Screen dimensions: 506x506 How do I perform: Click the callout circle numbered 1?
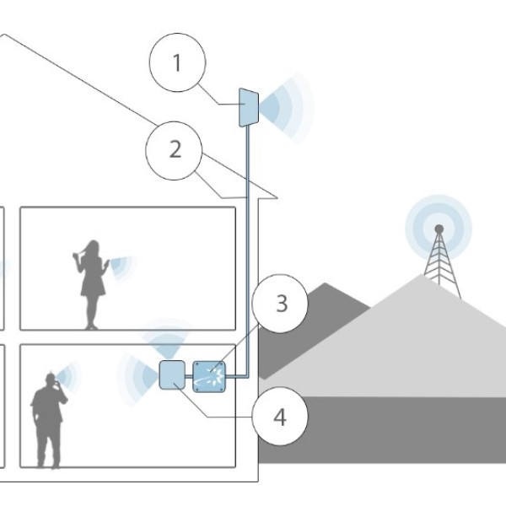point(176,63)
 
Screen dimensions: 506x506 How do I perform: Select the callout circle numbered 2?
point(175,150)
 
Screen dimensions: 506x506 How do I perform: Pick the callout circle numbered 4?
point(280,416)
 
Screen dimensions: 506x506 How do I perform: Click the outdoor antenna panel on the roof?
point(248,107)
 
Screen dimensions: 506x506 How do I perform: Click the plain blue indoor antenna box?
point(171,374)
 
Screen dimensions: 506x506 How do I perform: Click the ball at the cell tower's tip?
point(439,229)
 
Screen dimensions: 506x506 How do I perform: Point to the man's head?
point(50,379)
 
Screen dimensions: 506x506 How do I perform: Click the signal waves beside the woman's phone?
point(121,267)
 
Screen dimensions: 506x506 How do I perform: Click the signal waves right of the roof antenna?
point(284,107)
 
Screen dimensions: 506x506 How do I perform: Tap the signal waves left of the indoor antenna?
point(138,375)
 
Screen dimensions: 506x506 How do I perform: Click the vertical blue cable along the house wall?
point(246,253)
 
